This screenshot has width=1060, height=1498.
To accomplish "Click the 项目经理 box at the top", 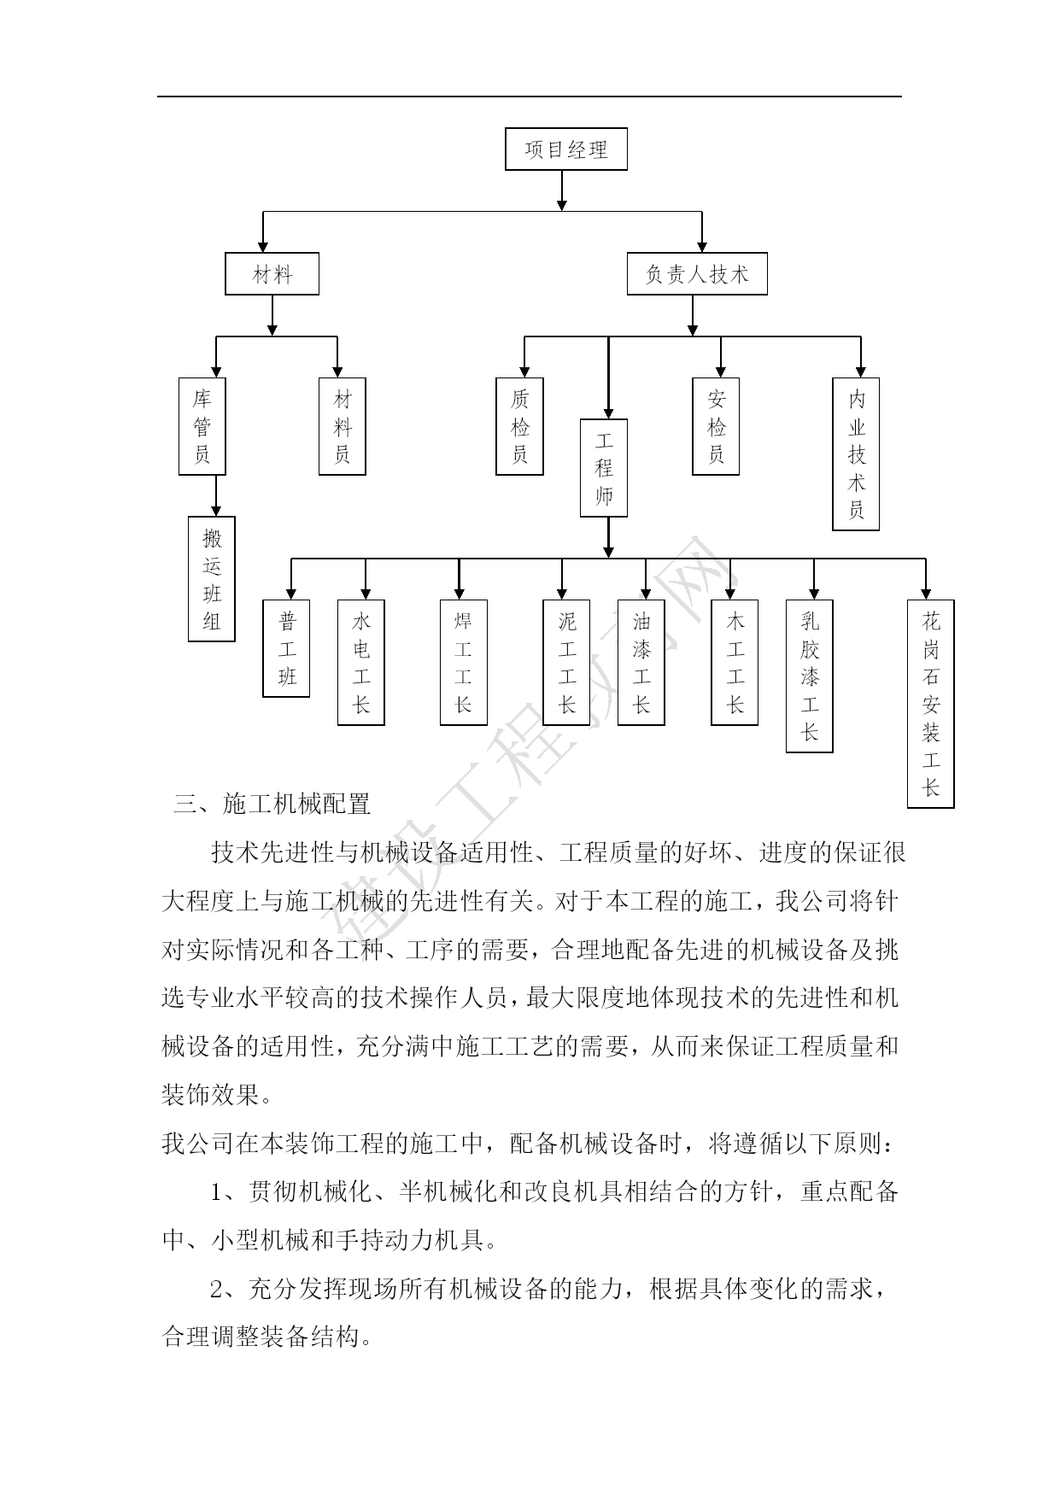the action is (565, 149).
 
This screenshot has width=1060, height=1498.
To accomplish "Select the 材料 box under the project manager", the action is (272, 273).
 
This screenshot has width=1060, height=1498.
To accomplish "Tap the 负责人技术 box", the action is (696, 273).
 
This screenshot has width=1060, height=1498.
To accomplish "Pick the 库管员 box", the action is (202, 426).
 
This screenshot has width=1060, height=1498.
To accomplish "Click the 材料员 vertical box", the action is (342, 426).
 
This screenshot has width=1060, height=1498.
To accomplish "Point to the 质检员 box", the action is (519, 426).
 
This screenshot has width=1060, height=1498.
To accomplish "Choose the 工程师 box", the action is (603, 467).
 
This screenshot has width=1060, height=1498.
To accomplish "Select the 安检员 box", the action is (715, 426).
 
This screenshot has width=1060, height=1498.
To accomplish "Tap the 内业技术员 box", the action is (855, 453).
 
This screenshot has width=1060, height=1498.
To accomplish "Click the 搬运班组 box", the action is (211, 579).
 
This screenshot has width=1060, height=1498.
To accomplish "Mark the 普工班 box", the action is (286, 648).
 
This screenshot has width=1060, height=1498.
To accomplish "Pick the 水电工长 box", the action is (360, 662).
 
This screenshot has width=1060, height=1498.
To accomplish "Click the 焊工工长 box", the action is (463, 662).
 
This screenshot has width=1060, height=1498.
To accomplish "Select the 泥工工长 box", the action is (566, 662).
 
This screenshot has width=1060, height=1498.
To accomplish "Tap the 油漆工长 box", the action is (641, 662).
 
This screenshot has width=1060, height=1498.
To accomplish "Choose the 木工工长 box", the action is (735, 662).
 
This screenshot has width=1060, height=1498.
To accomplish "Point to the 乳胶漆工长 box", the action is (809, 676).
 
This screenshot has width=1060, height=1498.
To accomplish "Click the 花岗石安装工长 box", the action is (930, 703).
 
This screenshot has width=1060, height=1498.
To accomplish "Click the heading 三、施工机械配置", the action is (272, 804).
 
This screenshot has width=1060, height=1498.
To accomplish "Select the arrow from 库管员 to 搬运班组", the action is (215, 495).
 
